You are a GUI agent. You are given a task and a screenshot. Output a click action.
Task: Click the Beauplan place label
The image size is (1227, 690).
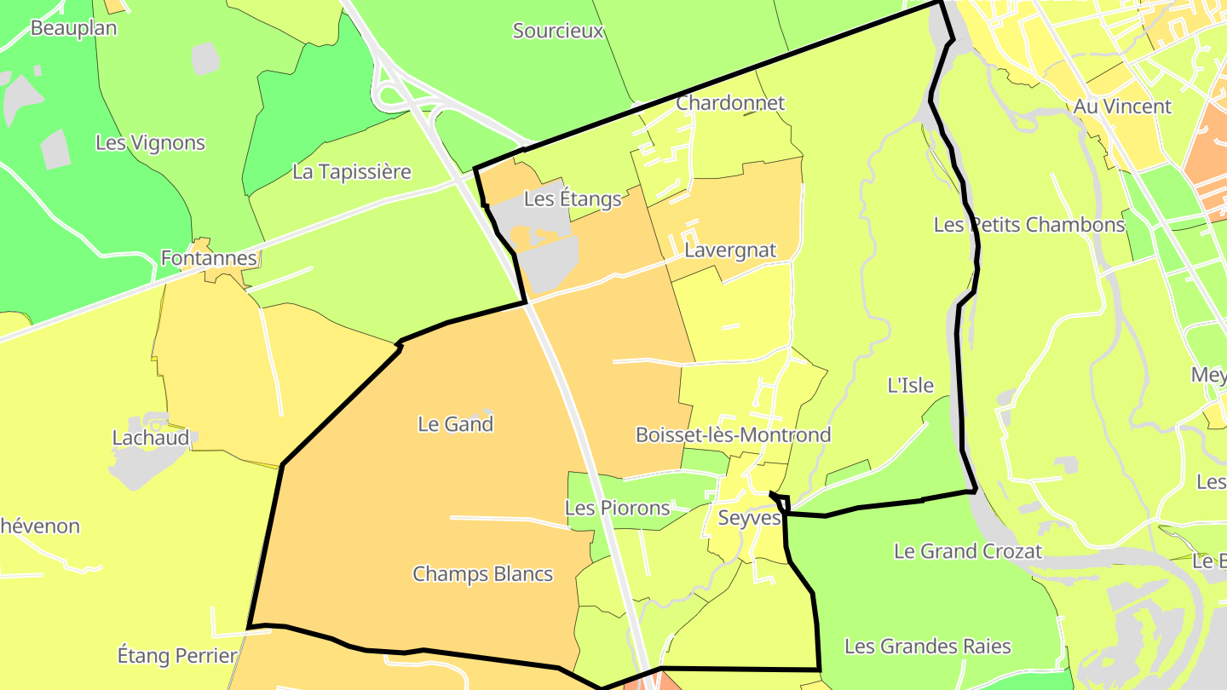73,28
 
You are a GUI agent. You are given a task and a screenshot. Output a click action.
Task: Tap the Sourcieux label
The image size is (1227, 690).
558,32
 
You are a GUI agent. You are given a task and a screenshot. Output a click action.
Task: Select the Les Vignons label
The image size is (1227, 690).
150,143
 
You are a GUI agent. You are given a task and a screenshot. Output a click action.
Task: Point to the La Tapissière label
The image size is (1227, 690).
351,172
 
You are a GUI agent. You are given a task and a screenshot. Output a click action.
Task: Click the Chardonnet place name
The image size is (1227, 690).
730,103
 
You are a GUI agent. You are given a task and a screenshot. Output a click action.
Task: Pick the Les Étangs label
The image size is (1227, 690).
573,199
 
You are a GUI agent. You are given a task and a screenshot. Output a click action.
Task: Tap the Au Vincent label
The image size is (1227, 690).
1122,107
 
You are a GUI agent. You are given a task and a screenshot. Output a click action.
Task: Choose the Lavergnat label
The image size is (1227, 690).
730,250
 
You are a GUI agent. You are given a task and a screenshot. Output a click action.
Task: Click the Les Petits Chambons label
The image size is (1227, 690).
1029,225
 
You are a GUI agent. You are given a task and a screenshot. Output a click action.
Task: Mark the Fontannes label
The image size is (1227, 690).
209,258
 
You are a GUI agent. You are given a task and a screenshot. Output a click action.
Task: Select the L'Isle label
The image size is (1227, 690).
910,386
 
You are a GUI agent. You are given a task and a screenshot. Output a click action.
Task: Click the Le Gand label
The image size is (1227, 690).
455,424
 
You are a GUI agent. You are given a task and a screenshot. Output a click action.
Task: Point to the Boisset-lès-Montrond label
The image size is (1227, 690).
733,435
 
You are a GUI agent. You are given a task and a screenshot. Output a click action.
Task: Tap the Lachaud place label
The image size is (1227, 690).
151,438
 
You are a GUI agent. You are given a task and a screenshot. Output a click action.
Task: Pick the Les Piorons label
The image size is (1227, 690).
617,509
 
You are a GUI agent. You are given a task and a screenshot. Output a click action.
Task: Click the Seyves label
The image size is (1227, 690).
750,518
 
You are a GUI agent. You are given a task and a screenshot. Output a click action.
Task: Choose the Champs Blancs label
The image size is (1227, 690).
482,574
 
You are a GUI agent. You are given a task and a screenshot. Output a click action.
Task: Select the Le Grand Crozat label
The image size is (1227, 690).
967,551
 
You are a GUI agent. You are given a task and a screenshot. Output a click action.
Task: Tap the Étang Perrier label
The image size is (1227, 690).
176,656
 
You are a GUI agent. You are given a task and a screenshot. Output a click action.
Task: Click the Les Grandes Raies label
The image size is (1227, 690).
927,647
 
